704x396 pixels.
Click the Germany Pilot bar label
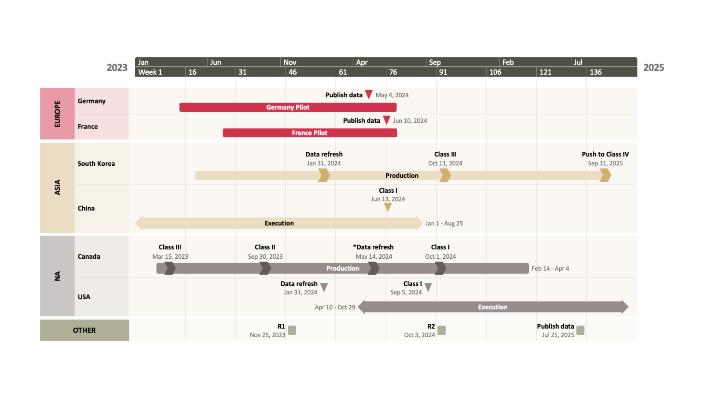pyautogui.click(x=288, y=107)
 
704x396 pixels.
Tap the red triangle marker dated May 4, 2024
pyautogui.click(x=369, y=94)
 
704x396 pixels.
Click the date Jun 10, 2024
pyautogui.click(x=410, y=121)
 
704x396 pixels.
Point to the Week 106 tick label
pyautogui.click(x=495, y=72)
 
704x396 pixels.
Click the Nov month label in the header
pyautogui.click(x=290, y=62)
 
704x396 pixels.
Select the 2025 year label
pyautogui.click(x=653, y=67)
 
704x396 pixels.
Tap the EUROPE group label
pyautogui.click(x=57, y=114)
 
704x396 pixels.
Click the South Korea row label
pyautogui.click(x=96, y=164)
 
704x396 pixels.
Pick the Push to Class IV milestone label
pyautogui.click(x=605, y=154)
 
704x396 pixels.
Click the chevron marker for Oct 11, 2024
pyautogui.click(x=445, y=176)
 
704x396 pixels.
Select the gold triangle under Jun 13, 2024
pyautogui.click(x=388, y=207)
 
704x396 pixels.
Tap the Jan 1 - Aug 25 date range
pyautogui.click(x=444, y=224)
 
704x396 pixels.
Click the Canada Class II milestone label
pyautogui.click(x=265, y=247)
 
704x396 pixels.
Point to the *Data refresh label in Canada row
pyautogui.click(x=373, y=247)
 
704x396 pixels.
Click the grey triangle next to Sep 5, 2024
pyautogui.click(x=428, y=287)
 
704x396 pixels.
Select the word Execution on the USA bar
pyautogui.click(x=492, y=307)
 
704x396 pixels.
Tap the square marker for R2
pyautogui.click(x=442, y=330)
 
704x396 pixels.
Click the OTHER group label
pyautogui.click(x=84, y=330)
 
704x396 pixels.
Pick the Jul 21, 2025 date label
pyautogui.click(x=558, y=335)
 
